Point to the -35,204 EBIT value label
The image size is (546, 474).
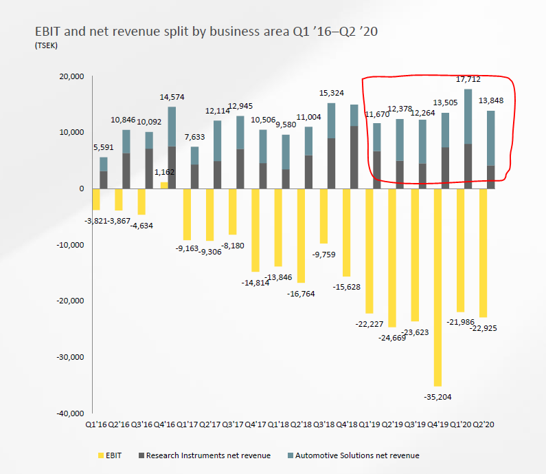(437, 396)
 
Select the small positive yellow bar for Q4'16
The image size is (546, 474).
(163, 185)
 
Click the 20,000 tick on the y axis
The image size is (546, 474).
(69, 76)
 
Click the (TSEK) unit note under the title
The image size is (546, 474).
(45, 45)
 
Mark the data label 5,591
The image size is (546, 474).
(104, 147)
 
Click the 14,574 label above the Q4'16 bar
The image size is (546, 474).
(171, 97)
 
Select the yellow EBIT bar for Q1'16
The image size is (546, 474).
(96, 199)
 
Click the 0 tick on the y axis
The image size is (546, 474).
(80, 188)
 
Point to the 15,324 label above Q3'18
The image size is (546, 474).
(331, 93)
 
